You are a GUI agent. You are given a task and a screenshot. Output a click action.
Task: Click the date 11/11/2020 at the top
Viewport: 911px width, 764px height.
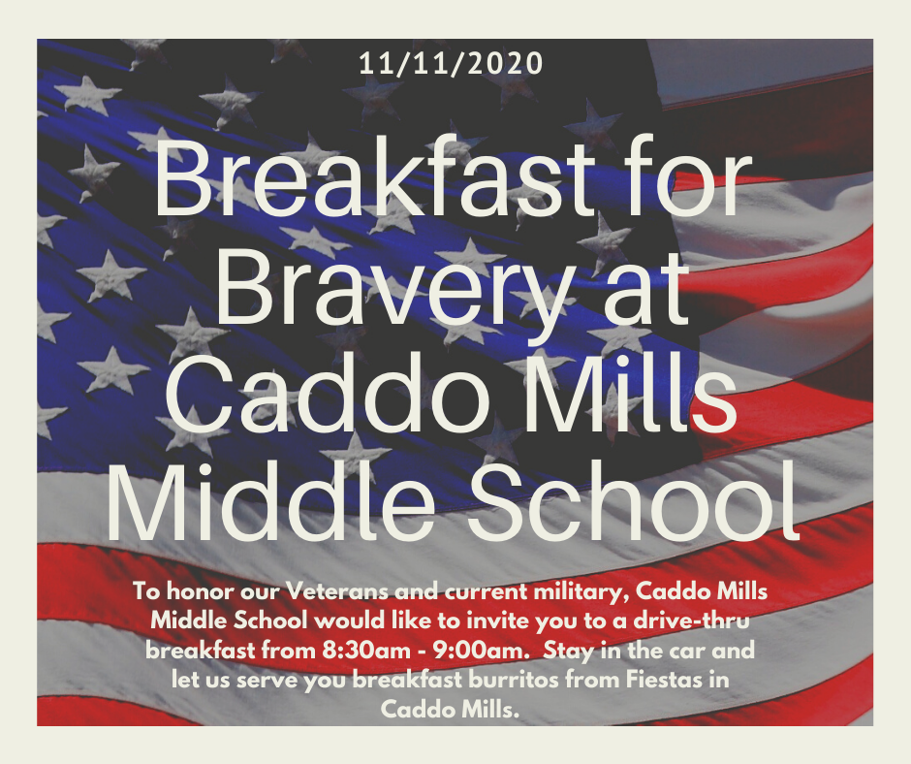point(451,64)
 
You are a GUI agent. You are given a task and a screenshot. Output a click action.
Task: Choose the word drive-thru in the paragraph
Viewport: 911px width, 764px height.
point(691,621)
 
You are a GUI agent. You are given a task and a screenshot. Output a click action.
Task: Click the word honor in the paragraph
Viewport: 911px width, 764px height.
point(197,591)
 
